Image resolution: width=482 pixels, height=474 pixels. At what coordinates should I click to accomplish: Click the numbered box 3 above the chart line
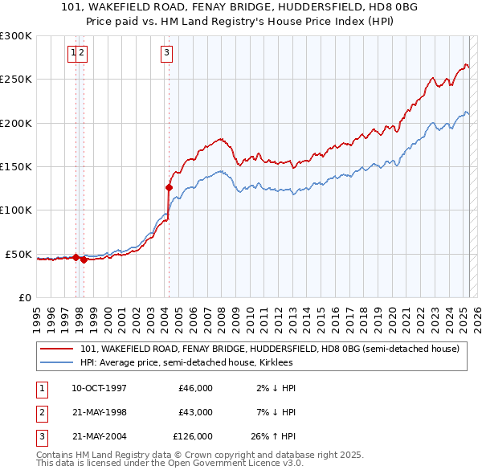tap(166, 54)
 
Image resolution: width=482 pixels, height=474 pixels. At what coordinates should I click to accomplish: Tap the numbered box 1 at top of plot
tap(74, 54)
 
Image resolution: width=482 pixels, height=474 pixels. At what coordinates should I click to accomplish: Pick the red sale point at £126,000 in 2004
tap(169, 187)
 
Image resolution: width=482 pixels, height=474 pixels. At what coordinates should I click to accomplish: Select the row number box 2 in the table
tap(40, 412)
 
